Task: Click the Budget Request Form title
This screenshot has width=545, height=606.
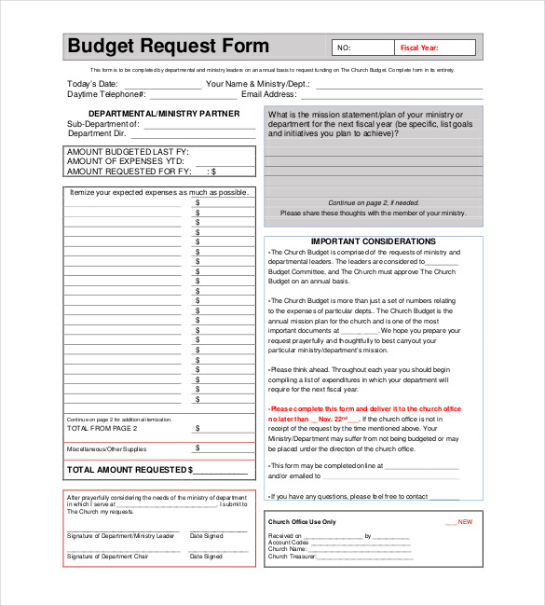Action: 168,47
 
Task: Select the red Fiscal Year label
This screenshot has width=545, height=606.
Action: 418,48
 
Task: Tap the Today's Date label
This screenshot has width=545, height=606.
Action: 92,84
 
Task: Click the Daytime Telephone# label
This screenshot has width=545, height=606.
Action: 106,94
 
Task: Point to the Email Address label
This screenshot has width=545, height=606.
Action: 269,94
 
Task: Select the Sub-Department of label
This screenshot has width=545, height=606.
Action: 103,124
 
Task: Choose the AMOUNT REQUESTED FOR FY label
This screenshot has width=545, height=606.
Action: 129,172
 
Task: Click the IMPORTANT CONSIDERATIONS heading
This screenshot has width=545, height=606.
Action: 373,241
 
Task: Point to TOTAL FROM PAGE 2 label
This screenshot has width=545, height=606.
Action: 102,428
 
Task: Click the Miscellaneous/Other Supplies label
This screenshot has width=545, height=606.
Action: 106,449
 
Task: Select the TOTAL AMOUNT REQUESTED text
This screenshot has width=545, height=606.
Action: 129,470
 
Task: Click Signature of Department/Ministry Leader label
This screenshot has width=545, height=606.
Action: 120,536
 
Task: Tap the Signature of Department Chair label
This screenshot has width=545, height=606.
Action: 107,557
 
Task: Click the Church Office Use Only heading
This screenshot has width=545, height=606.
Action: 302,522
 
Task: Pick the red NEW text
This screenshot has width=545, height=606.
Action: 465,522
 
